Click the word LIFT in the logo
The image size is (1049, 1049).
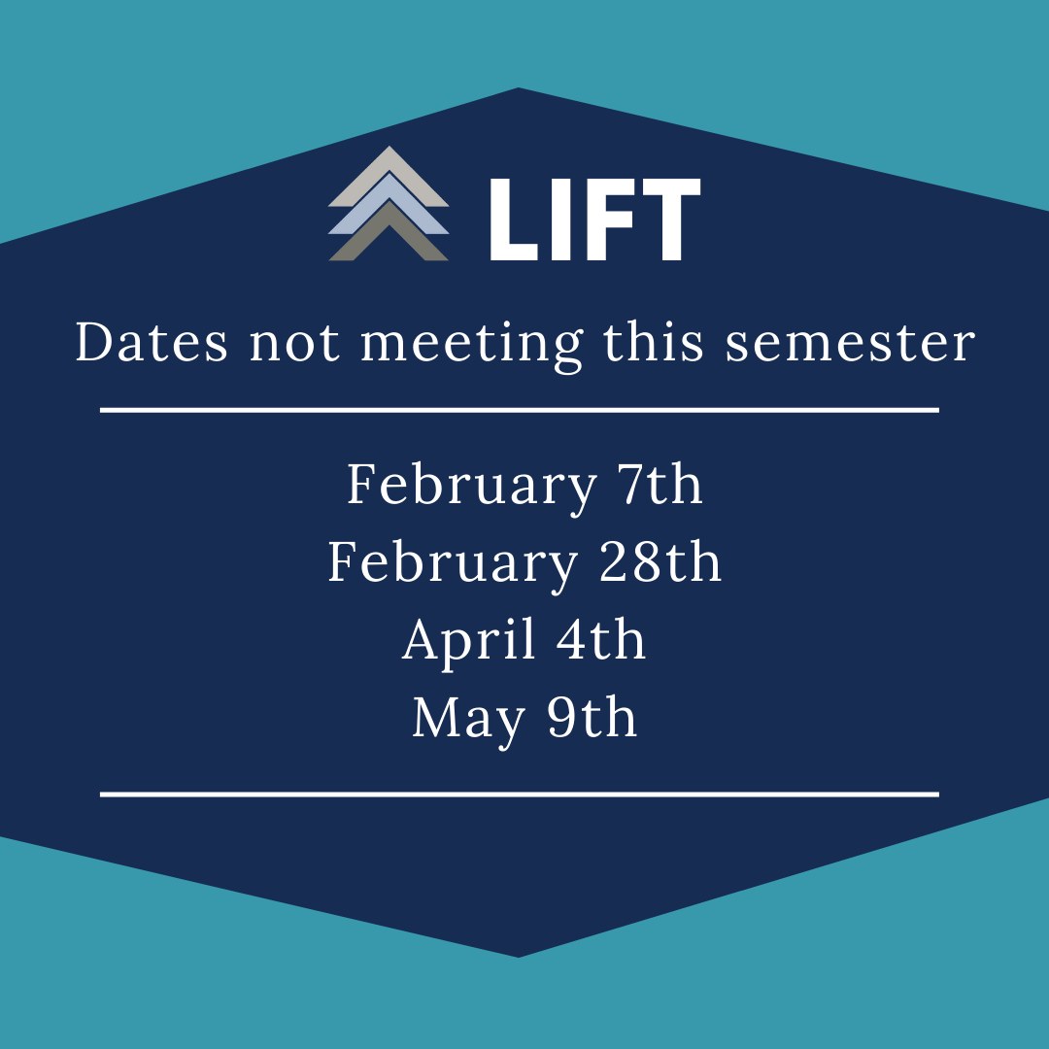click(594, 220)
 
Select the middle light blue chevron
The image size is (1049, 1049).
click(389, 201)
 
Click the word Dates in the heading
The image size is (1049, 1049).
click(152, 342)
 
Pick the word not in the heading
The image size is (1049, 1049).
click(293, 345)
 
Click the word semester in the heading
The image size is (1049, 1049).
click(850, 345)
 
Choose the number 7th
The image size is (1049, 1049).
click(660, 483)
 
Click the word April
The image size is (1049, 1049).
click(468, 641)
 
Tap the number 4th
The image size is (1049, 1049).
click(601, 639)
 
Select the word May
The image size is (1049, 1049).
click(468, 720)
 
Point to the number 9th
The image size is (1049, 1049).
click(592, 717)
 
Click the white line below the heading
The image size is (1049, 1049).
click(520, 410)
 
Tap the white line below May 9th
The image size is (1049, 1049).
click(520, 795)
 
